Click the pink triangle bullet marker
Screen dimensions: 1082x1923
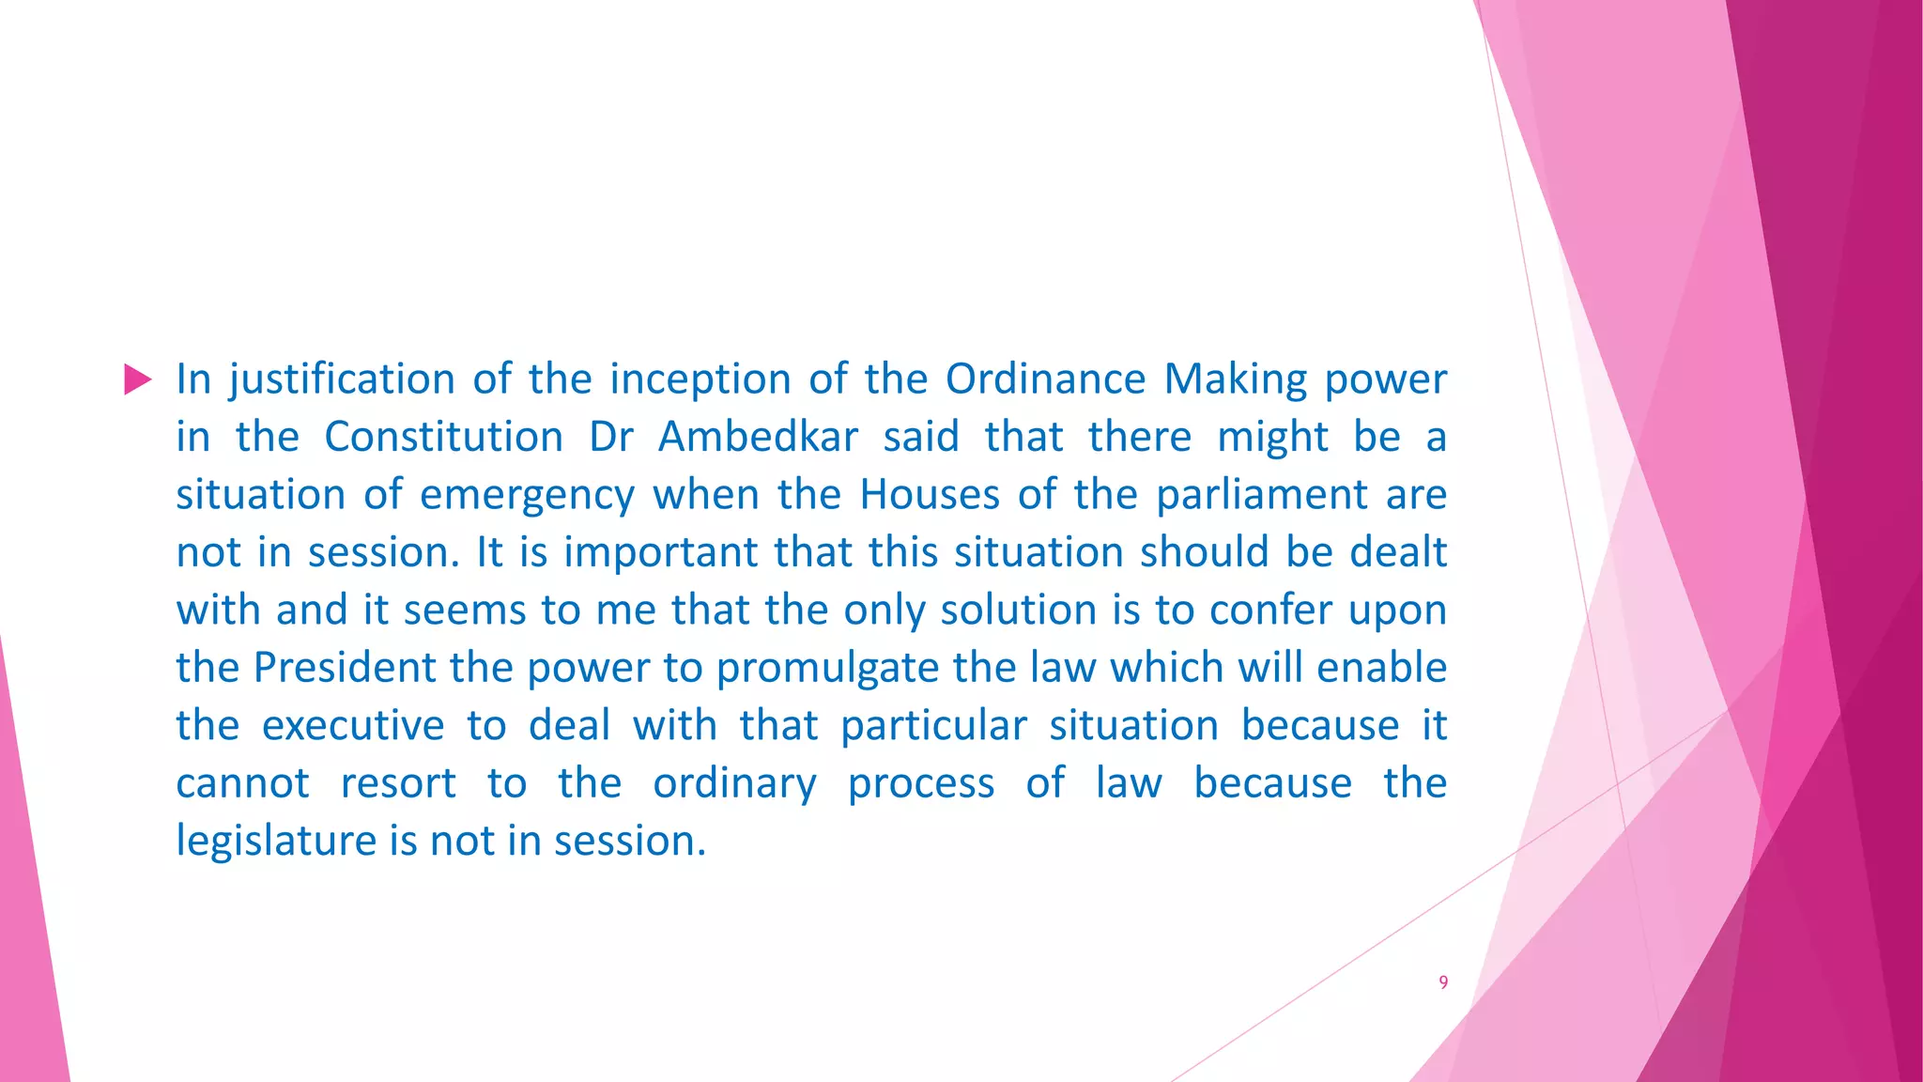click(137, 379)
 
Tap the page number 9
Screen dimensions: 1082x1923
click(1443, 982)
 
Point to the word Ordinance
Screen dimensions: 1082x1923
click(1045, 379)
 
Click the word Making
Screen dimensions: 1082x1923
click(1235, 380)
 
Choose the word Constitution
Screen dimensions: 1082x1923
click(443, 437)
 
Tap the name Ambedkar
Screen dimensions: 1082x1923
click(758, 437)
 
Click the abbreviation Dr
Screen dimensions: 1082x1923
click(611, 437)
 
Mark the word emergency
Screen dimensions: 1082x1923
click(527, 496)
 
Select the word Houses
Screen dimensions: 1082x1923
click(930, 495)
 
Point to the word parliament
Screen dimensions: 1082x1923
click(1261, 496)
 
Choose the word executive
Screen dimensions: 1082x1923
click(353, 726)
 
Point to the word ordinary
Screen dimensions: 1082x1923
click(734, 784)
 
